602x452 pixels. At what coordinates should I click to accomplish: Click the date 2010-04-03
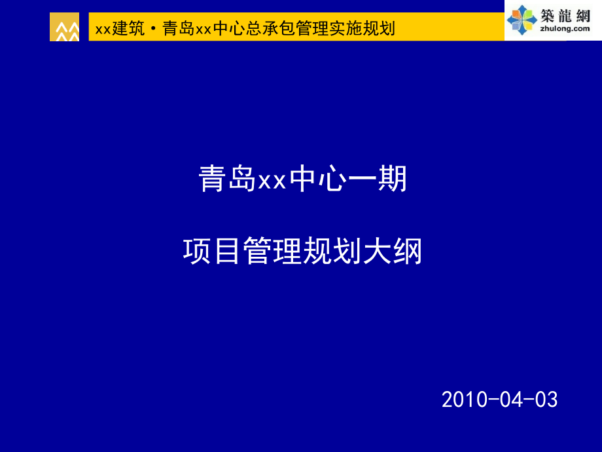click(x=500, y=399)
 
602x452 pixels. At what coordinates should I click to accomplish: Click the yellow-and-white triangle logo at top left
click(x=64, y=28)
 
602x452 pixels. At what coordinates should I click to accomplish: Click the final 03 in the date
click(x=546, y=399)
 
